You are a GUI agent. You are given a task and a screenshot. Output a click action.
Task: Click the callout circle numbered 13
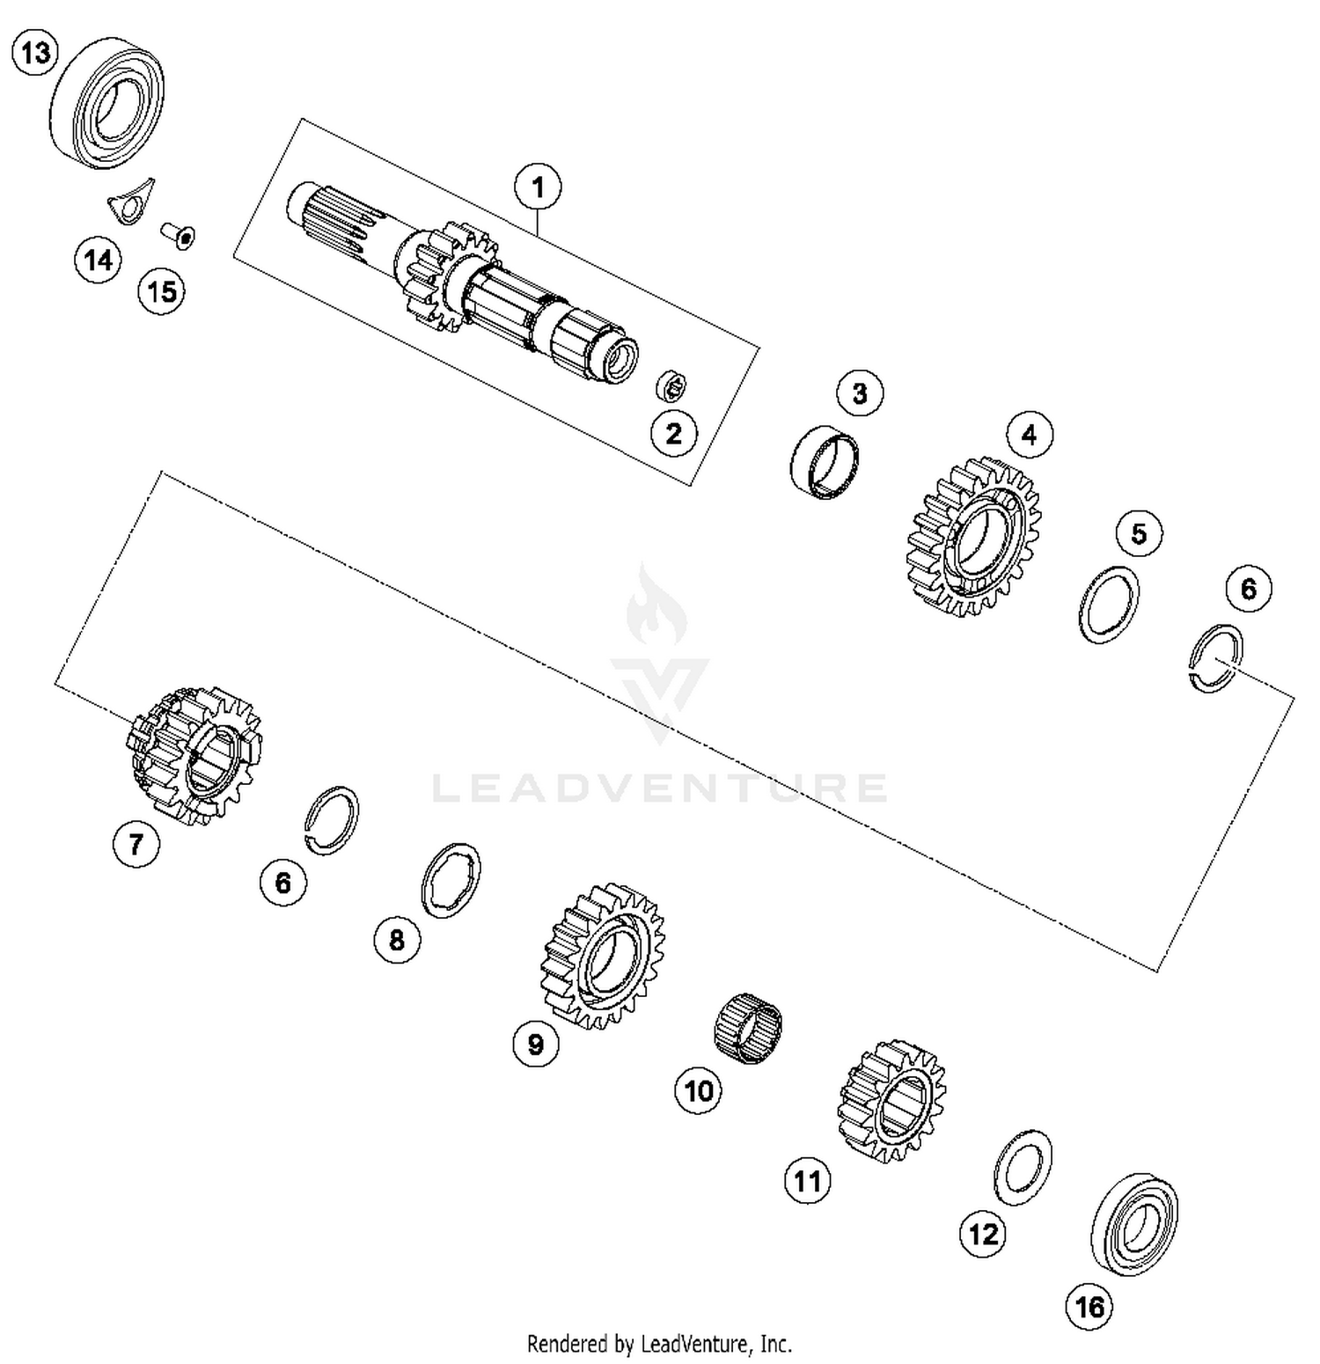[x=35, y=53]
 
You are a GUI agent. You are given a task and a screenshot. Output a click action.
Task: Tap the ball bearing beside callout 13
[x=108, y=101]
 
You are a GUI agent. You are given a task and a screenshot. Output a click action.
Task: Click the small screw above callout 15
[x=179, y=236]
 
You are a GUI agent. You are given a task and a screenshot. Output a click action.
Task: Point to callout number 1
[x=538, y=187]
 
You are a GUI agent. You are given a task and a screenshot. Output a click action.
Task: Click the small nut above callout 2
[x=672, y=385]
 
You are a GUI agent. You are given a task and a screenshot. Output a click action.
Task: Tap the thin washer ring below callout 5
[x=1109, y=605]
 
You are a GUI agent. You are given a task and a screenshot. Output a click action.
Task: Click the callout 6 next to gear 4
[x=1248, y=589]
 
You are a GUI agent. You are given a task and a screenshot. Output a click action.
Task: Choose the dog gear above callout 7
[x=195, y=755]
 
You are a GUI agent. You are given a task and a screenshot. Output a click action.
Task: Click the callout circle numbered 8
[x=397, y=940]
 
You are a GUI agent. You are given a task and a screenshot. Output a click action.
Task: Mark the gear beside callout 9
[x=603, y=955]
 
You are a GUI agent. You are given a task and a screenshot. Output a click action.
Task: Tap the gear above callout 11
[x=891, y=1100]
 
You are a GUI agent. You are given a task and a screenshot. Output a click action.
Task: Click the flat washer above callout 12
[x=1023, y=1167]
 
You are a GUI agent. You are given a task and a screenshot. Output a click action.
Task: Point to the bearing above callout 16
[x=1134, y=1224]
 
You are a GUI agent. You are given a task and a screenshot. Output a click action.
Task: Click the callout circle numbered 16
[x=1089, y=1307]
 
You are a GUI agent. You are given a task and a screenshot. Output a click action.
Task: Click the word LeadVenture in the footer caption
[x=694, y=1344]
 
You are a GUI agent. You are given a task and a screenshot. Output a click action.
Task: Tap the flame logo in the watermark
[x=656, y=607]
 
